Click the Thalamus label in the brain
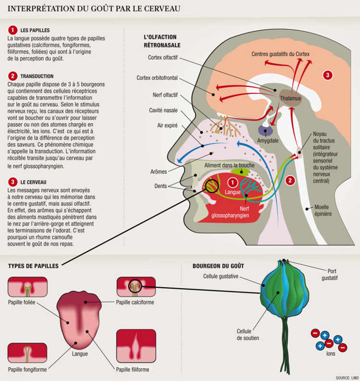tap(290, 98)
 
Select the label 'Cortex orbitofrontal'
tap(158, 77)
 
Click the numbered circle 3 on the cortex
tap(327, 75)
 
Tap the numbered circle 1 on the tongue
tap(232, 182)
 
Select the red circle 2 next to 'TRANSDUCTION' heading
tap(13, 76)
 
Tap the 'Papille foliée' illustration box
tap(27, 287)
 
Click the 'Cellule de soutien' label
tap(248, 334)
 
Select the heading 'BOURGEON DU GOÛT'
tap(218, 266)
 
